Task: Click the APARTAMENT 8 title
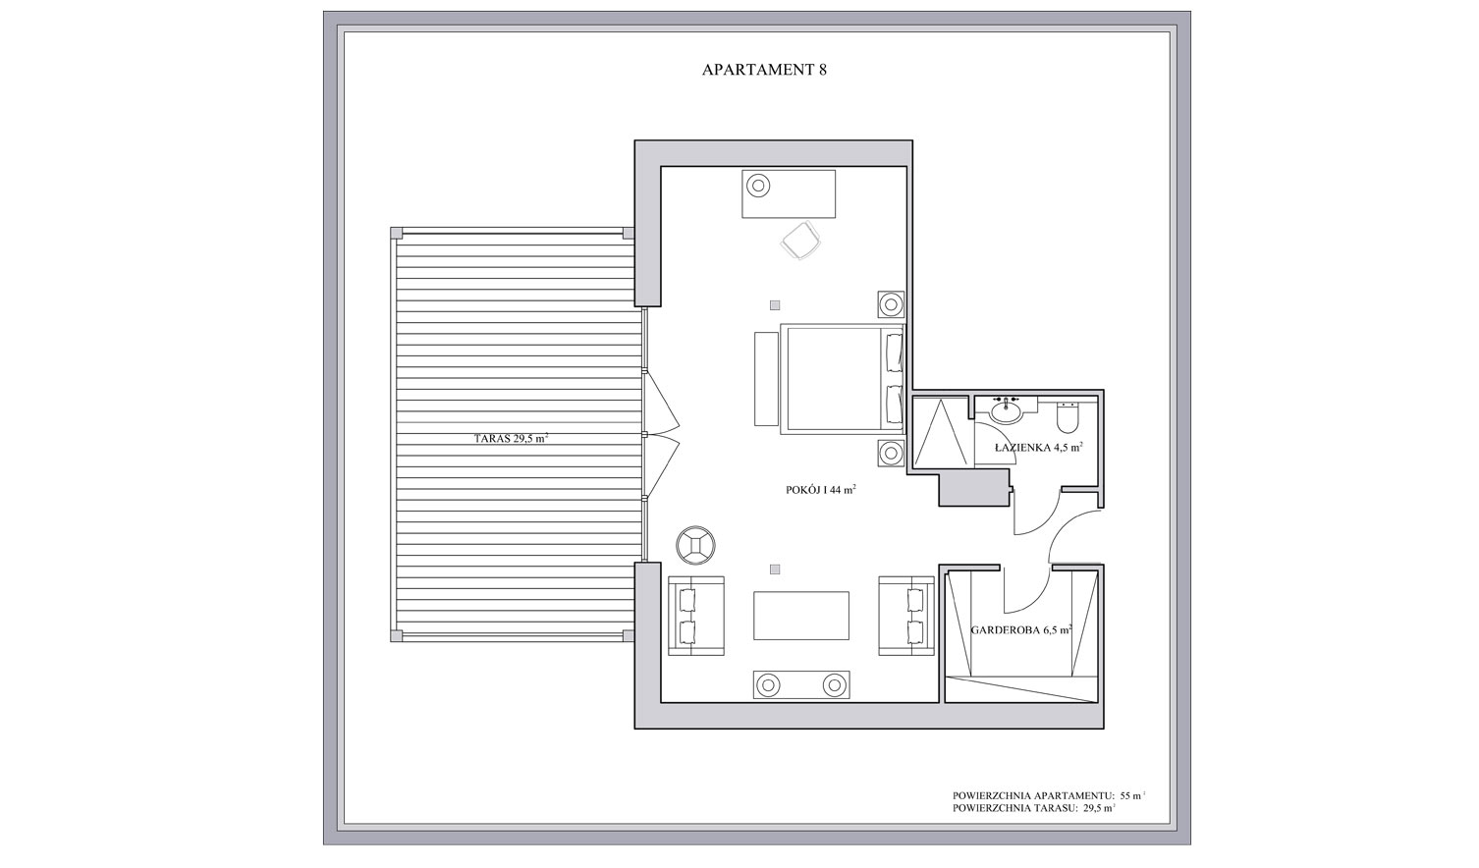tap(764, 70)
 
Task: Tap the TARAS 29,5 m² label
tap(511, 438)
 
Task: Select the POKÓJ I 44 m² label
tap(821, 490)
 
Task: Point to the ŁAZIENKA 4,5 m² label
tap(1039, 448)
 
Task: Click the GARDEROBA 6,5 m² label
tap(1020, 629)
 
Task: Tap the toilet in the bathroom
tap(1067, 413)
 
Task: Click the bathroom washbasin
tap(1006, 410)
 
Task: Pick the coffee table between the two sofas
tap(801, 616)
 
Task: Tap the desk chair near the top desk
tap(801, 241)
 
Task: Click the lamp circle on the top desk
tap(758, 186)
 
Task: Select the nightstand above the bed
tap(891, 304)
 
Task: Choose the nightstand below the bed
tap(891, 454)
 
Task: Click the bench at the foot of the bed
tap(766, 379)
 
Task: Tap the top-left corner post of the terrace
tap(396, 233)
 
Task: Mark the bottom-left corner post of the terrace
tap(396, 635)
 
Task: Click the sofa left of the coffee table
tap(696, 616)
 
